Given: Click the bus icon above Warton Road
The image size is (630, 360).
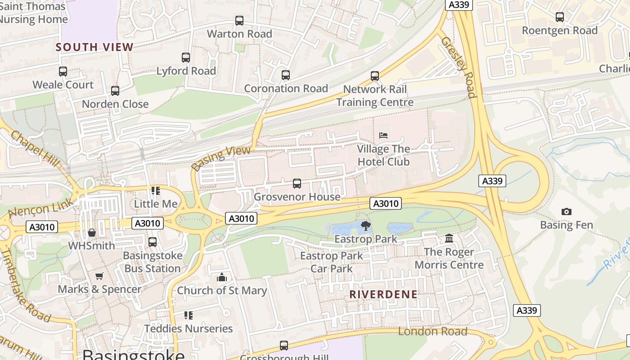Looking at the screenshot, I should (x=239, y=21).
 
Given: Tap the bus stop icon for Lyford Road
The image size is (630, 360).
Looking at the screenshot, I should (x=186, y=58).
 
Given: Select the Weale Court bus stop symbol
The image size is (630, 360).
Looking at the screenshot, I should (x=63, y=72).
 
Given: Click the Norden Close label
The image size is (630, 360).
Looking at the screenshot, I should (x=115, y=104).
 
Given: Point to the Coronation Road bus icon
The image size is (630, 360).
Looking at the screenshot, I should (x=286, y=75).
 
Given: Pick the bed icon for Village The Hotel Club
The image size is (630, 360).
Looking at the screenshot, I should (x=383, y=135).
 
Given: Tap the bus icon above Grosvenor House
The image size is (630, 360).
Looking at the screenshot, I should (x=297, y=184).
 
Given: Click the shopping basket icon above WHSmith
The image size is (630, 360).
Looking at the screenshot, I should (x=92, y=233).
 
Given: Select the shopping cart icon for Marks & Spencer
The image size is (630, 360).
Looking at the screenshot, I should (x=99, y=276).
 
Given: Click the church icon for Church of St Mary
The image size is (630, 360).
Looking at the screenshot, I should (x=222, y=277).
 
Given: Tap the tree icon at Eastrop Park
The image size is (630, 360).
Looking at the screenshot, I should (x=366, y=226).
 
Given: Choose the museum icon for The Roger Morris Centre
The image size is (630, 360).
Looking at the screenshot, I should (x=449, y=238).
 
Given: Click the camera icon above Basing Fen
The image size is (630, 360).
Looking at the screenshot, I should (x=567, y=211).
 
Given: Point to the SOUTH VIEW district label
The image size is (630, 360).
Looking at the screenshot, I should (x=94, y=47).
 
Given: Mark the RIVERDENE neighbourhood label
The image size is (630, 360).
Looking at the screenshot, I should (x=383, y=294).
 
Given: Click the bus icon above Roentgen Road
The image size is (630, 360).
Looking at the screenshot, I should (x=560, y=17).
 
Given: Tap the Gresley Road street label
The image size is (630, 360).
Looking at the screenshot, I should (x=458, y=67).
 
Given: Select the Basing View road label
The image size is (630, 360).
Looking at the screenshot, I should (x=221, y=158).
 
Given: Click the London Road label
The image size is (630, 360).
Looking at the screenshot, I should (x=432, y=332).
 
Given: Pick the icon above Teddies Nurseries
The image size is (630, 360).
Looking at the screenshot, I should (x=189, y=315).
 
